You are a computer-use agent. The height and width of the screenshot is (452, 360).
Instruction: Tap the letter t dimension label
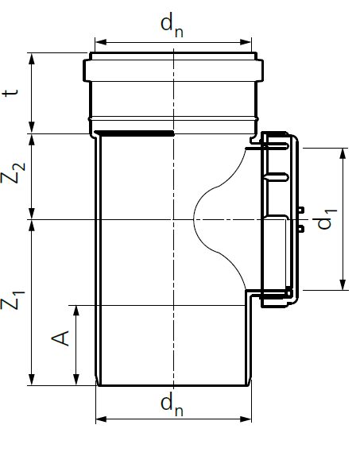coord(10,93)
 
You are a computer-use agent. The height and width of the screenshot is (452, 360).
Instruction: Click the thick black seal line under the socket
coord(134,133)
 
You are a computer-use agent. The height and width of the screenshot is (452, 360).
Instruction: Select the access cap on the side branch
coord(278,219)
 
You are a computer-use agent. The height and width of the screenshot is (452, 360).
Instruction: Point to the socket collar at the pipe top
coord(173,71)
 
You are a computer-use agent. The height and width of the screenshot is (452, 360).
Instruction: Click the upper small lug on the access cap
coord(301,211)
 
